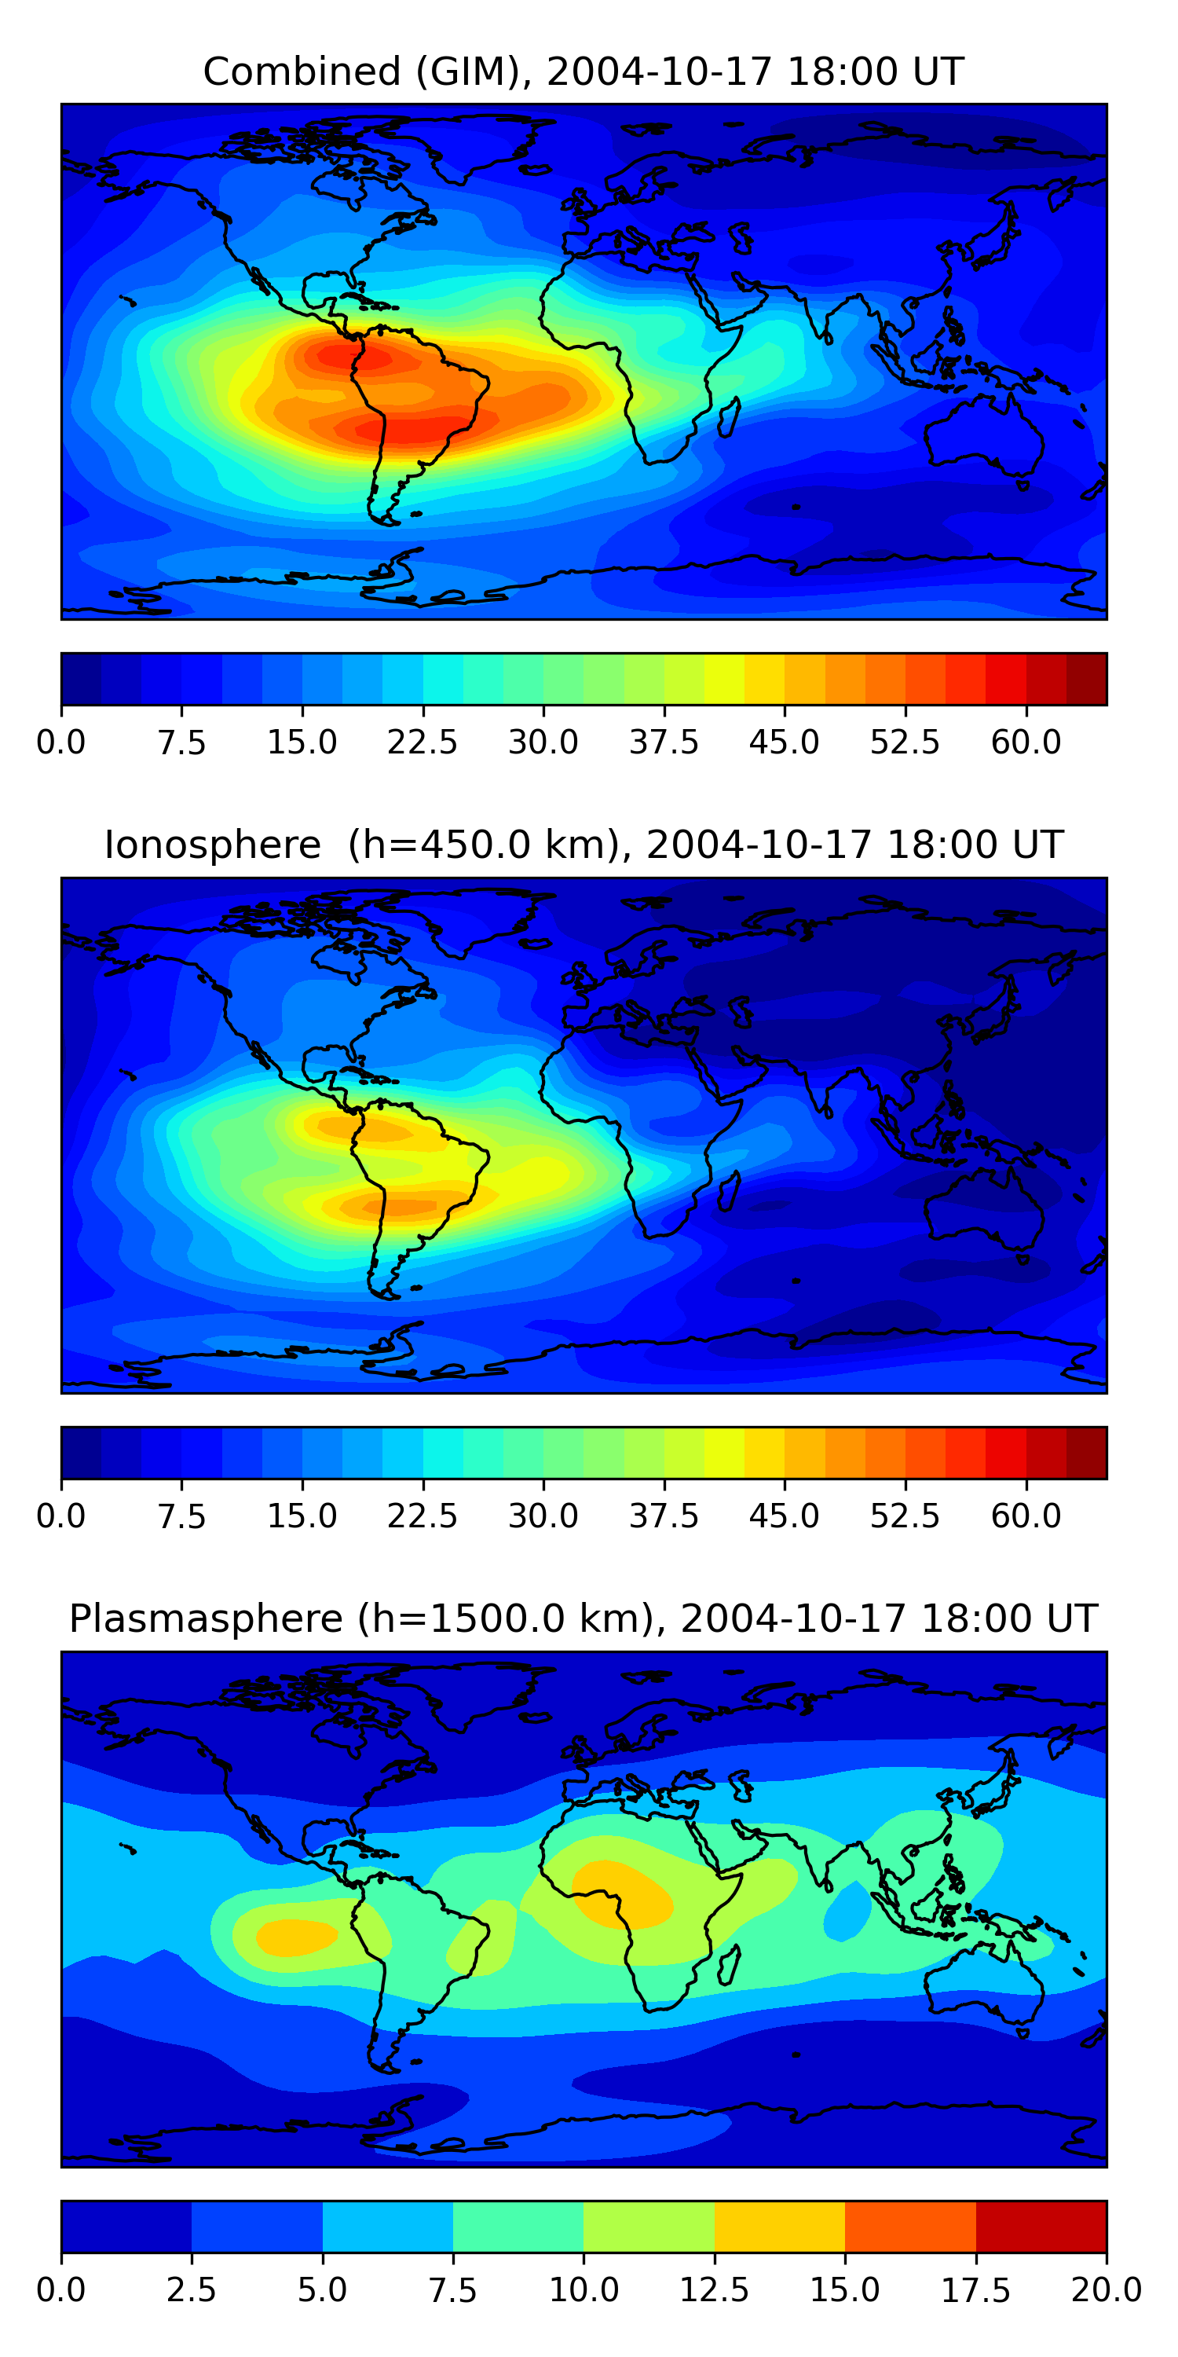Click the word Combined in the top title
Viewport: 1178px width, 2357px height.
[x=302, y=71]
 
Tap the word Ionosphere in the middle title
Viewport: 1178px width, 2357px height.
[x=212, y=845]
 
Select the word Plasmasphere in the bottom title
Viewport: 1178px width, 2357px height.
[x=206, y=1618]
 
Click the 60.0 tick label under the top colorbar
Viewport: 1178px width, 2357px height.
[x=1026, y=742]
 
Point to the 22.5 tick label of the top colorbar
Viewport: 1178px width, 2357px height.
[x=423, y=742]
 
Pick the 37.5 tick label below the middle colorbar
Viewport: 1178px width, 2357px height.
[x=663, y=1516]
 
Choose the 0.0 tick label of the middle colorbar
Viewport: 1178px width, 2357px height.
[x=61, y=1516]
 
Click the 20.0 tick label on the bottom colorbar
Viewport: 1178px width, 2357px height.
[x=1106, y=2290]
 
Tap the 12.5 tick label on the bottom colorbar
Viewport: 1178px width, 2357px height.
[x=715, y=2290]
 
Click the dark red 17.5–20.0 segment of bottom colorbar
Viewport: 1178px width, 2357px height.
[x=1041, y=2226]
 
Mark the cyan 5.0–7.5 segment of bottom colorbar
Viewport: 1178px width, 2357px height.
[x=388, y=2226]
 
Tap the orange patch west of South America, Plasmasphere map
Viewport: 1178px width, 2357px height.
[x=294, y=1937]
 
